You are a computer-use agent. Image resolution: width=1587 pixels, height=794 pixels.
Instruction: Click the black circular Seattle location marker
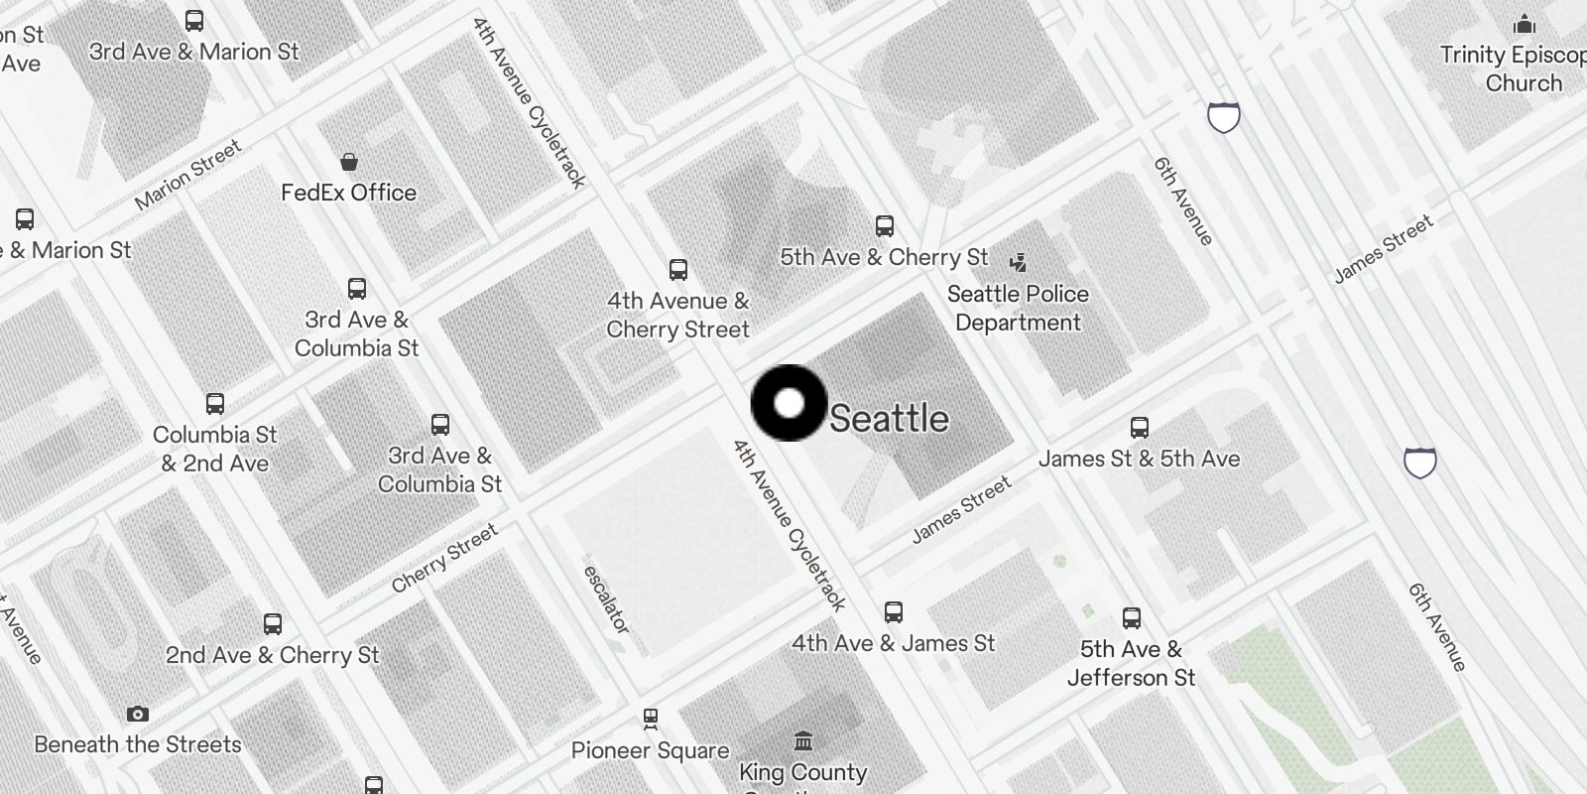click(789, 403)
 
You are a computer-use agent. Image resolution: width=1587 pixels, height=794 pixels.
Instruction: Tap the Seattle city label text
click(889, 419)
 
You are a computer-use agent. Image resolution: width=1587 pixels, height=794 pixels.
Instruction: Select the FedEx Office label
click(348, 193)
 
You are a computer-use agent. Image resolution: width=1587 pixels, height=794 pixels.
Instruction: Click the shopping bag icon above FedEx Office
click(348, 162)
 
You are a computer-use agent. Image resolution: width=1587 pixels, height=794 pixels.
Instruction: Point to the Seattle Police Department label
click(1018, 308)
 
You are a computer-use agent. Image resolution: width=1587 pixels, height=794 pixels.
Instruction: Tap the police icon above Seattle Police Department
click(1018, 262)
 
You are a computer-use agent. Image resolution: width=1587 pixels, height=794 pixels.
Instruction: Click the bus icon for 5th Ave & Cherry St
click(884, 226)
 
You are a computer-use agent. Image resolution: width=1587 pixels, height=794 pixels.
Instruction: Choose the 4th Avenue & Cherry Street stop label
click(678, 315)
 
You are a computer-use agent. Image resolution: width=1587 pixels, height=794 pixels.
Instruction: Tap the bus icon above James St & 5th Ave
click(1140, 428)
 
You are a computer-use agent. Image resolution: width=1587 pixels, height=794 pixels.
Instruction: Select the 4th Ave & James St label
click(893, 643)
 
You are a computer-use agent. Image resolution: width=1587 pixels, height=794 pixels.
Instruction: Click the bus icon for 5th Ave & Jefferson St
click(1131, 618)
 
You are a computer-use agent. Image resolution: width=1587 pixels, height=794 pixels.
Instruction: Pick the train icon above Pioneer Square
click(651, 718)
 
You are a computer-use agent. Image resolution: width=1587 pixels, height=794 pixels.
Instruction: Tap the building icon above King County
click(803, 740)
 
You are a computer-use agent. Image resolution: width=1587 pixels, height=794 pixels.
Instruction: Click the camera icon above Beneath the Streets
click(138, 714)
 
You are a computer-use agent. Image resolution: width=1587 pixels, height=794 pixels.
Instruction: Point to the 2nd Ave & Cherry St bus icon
click(273, 624)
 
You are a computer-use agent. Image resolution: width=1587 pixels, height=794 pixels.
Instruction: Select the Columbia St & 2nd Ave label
click(215, 449)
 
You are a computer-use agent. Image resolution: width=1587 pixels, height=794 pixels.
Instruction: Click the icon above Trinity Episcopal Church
click(1525, 24)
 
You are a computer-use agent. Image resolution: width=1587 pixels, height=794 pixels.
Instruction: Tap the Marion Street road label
click(188, 175)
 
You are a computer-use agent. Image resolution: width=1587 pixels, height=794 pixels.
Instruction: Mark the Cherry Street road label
click(444, 558)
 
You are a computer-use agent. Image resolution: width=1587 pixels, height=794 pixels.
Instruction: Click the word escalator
click(606, 599)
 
